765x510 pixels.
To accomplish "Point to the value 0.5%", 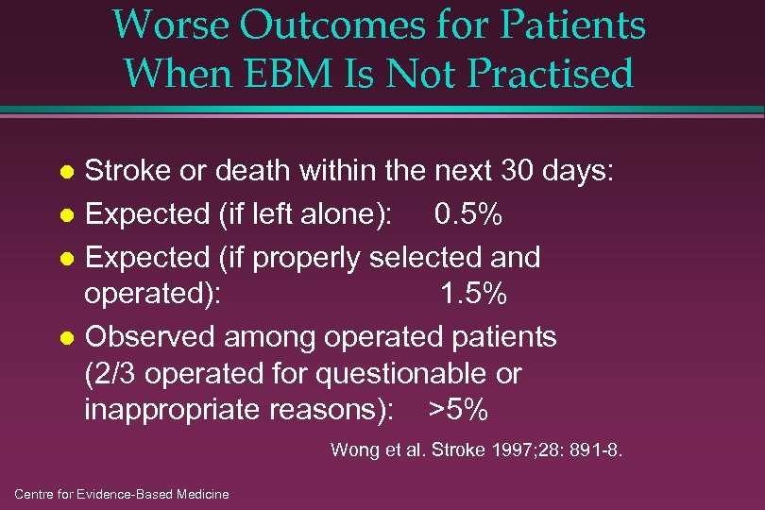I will point(468,215).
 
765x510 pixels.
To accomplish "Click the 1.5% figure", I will point(474,295).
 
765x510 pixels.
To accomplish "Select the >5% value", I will point(458,411).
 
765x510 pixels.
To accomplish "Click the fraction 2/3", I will point(113,374).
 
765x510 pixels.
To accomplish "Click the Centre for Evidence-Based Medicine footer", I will point(122,494).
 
